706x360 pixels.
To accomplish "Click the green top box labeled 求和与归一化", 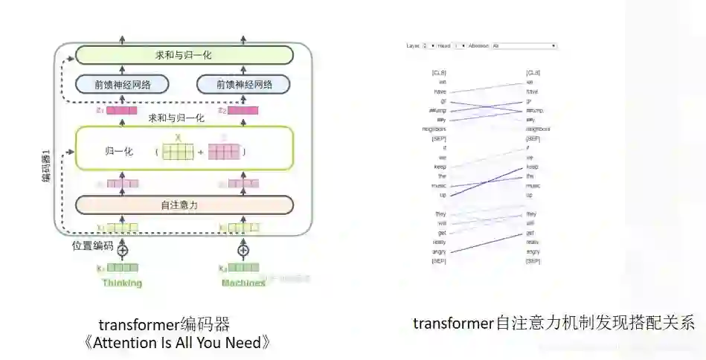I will (184, 55).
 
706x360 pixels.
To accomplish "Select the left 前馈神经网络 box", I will (123, 84).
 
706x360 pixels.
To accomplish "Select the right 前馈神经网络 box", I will (243, 84).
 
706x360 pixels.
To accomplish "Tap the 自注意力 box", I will (184, 205).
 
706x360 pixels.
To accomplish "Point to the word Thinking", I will (123, 283).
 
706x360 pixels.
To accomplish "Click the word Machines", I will (243, 283).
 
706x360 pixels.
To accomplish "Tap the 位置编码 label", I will (92, 246).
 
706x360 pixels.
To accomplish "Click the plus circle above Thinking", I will (123, 250).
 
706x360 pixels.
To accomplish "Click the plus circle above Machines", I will (243, 250).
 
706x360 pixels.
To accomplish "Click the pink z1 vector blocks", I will (122, 111).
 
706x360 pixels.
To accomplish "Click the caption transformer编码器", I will (164, 325).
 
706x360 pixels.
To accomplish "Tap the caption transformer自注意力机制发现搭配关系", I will (553, 323).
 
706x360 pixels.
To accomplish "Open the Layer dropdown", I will (425, 46).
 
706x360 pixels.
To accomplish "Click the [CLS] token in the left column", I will (439, 73).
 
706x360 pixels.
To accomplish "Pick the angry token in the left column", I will (439, 251).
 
